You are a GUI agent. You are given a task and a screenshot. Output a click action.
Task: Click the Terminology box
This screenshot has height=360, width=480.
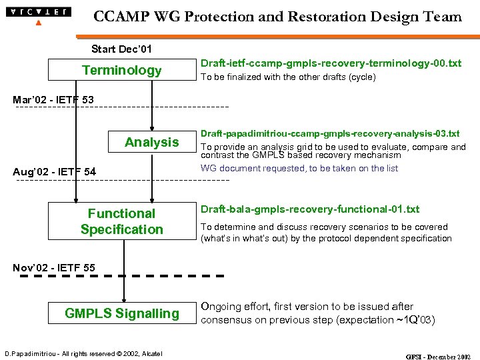pyautogui.click(x=121, y=70)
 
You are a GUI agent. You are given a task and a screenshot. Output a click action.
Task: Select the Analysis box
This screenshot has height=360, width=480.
pyautogui.click(x=151, y=142)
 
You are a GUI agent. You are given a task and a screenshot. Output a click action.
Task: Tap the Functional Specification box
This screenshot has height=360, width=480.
pyautogui.click(x=121, y=221)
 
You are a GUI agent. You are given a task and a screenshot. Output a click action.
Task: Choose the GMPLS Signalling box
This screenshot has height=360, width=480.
pyautogui.click(x=121, y=313)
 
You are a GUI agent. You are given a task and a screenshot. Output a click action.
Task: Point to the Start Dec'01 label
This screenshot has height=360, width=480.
pyautogui.click(x=121, y=49)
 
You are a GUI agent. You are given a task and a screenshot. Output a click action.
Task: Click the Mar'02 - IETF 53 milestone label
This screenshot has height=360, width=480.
pyautogui.click(x=53, y=100)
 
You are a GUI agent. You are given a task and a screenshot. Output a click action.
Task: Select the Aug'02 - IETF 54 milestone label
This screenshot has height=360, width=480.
pyautogui.click(x=55, y=172)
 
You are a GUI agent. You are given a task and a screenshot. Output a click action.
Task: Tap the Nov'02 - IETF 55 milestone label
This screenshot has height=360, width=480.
pyautogui.click(x=54, y=268)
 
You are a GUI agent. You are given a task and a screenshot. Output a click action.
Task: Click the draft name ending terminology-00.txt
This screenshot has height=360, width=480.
pyautogui.click(x=331, y=63)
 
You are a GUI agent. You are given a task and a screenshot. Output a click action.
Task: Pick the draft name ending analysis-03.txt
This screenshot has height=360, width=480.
pyautogui.click(x=330, y=134)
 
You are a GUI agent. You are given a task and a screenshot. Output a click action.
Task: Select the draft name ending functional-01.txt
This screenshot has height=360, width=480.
pyautogui.click(x=310, y=209)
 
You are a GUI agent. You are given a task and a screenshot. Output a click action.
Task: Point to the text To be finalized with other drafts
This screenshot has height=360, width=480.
pyautogui.click(x=288, y=77)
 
